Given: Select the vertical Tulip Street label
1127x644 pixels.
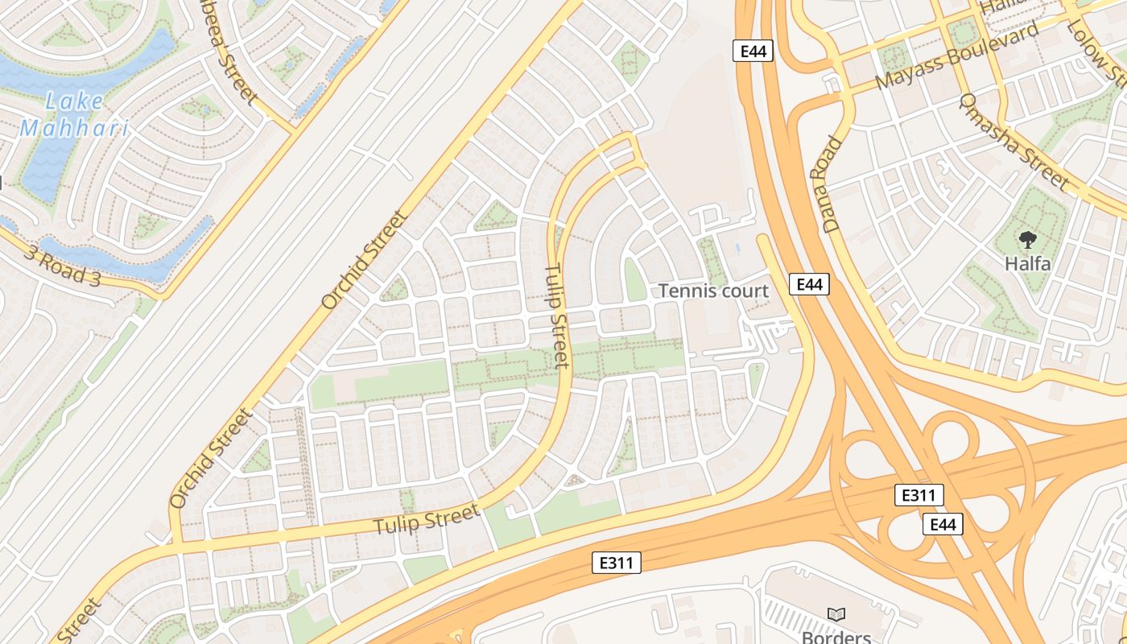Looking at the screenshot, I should (x=558, y=316).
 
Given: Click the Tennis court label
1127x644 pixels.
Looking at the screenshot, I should (x=714, y=291).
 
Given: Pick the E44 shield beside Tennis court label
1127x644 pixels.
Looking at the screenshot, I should (x=809, y=284).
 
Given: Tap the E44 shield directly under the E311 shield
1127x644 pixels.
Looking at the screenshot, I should (x=943, y=525).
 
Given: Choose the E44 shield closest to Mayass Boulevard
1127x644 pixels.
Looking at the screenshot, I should (x=753, y=52).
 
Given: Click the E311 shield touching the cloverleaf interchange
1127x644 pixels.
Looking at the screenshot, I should (x=919, y=495).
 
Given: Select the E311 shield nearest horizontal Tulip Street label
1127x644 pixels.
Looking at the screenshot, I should (x=617, y=563).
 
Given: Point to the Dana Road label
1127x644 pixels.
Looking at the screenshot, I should (x=833, y=184).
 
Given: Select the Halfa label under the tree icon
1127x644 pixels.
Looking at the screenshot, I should (x=1027, y=263).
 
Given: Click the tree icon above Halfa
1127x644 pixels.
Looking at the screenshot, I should (x=1027, y=239).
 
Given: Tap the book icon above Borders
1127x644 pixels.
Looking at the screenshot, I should (x=836, y=614).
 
